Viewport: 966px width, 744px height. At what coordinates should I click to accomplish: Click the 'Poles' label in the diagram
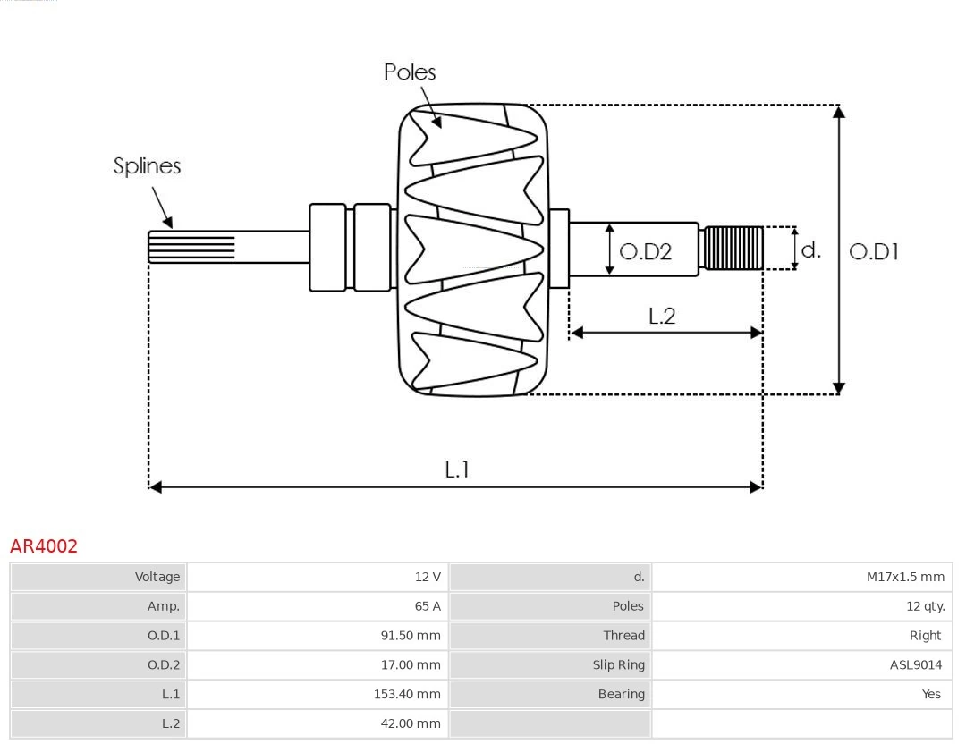pos(410,72)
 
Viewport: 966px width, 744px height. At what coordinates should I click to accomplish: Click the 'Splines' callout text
pos(147,166)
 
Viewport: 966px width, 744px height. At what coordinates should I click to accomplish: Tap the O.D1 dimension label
pos(873,252)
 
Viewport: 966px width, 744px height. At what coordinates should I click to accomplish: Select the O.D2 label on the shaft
pos(645,252)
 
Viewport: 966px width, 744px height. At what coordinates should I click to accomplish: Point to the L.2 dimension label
pos(662,316)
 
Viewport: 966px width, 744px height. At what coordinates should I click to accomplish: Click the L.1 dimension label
pos(457,469)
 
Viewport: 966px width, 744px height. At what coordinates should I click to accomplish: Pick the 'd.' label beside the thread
pos(810,249)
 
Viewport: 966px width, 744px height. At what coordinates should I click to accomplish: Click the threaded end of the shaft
pos(733,248)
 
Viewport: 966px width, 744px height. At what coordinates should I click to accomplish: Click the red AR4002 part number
pos(44,546)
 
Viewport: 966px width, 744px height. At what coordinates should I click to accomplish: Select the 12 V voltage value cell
pos(428,577)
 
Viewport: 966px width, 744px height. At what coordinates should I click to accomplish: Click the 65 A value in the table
pos(428,606)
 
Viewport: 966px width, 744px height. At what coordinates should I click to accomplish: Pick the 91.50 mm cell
pos(411,636)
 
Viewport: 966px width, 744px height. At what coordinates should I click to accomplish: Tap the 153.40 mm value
pos(407,694)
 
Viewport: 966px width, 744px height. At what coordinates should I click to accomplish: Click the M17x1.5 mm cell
pos(905,577)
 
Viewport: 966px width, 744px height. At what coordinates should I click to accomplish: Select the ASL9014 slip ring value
pos(915,664)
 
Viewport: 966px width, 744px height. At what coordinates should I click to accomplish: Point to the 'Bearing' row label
pos(621,694)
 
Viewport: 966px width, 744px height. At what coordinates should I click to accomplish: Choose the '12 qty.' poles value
pos(925,606)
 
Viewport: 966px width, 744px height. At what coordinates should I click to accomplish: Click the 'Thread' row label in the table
pos(623,636)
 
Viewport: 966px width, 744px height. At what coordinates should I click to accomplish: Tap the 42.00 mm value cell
pos(411,723)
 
